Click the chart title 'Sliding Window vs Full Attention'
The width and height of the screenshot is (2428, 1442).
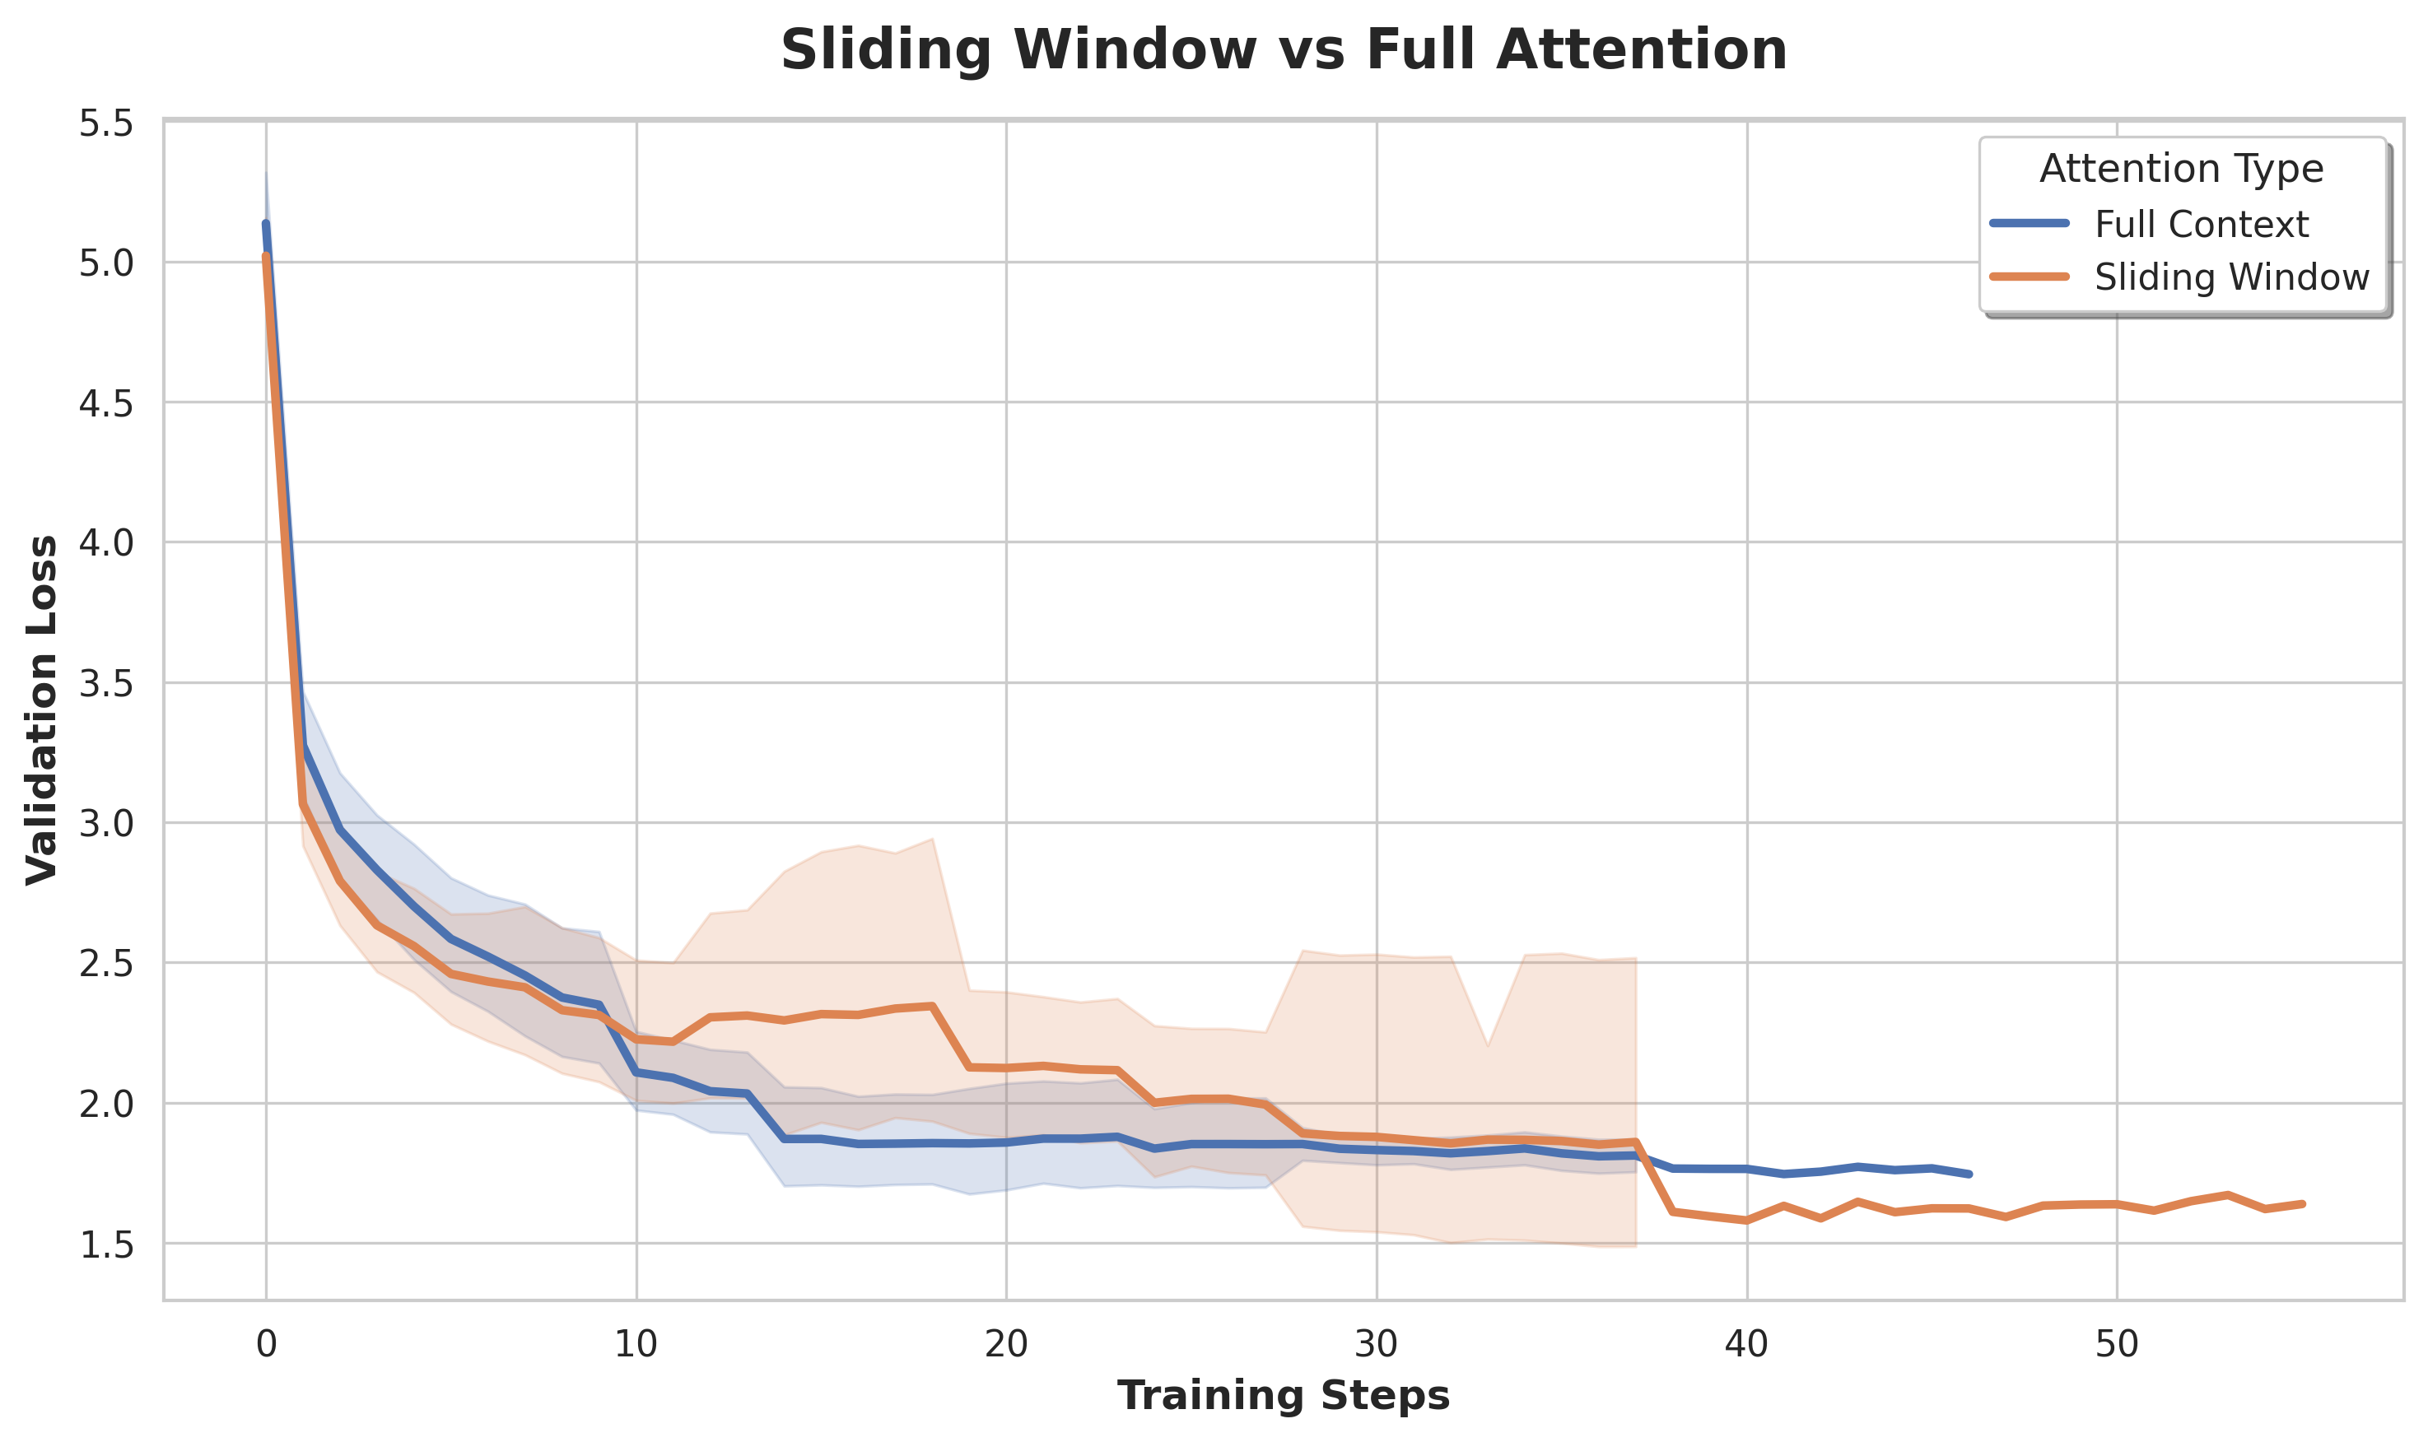click(x=1283, y=50)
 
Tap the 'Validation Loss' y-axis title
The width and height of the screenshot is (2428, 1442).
click(x=43, y=709)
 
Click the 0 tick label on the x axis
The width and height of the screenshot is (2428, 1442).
click(x=266, y=1344)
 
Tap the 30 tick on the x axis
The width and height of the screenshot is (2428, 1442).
click(x=1377, y=1344)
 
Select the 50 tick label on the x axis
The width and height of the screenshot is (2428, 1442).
click(x=2117, y=1344)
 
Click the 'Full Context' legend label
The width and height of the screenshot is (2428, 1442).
click(x=2201, y=225)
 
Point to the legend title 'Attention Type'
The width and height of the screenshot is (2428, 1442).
click(x=2181, y=169)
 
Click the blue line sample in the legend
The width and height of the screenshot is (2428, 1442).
click(x=2030, y=224)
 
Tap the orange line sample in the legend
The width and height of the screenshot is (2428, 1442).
click(x=2030, y=277)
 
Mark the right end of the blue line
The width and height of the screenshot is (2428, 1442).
click(x=1969, y=1174)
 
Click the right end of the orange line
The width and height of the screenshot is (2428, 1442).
click(x=2303, y=1204)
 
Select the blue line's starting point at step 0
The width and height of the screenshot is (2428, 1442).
click(x=266, y=225)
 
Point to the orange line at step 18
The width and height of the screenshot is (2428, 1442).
click(x=932, y=1006)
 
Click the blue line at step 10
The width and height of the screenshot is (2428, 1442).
click(x=636, y=1072)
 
